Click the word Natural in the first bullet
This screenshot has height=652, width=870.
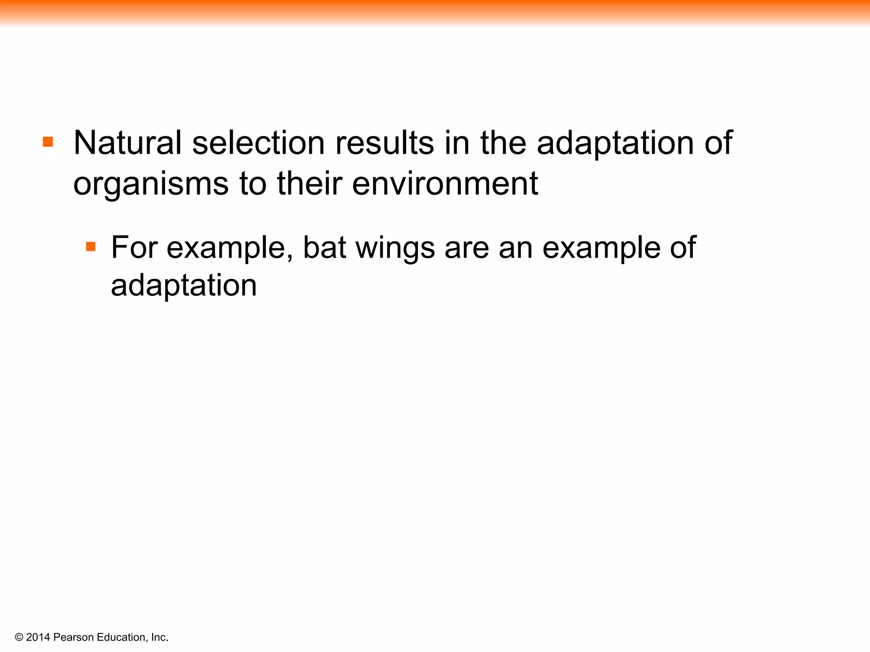click(x=127, y=143)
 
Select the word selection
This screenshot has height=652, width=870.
click(x=258, y=143)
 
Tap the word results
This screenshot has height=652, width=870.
click(x=384, y=143)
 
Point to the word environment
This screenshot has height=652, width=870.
click(x=445, y=184)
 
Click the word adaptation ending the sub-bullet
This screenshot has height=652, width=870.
click(x=184, y=286)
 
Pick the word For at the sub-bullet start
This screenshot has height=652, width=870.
click(x=134, y=247)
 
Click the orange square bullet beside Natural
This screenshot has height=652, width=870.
click(x=48, y=142)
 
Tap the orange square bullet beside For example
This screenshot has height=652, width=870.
click(x=90, y=247)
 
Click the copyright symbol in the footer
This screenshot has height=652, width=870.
click(x=19, y=637)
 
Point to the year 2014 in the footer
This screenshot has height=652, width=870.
click(x=38, y=637)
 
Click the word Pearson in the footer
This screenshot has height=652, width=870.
click(x=73, y=637)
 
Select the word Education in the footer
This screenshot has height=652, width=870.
click(x=121, y=637)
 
